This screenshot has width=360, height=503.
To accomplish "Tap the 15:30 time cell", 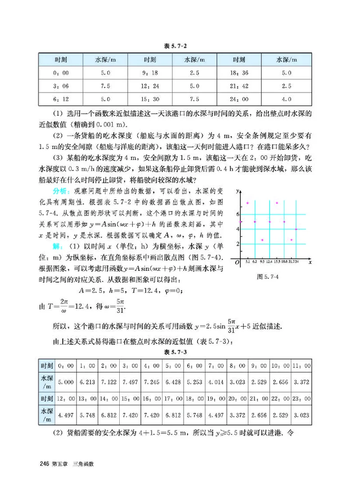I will [150, 99].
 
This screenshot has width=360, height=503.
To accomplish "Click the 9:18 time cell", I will [150, 72].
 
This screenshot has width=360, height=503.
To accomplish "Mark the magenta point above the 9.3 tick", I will [262, 240].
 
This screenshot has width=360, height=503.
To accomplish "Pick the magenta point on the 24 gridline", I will [296, 229].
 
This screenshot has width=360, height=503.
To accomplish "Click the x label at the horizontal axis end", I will [311, 261].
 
